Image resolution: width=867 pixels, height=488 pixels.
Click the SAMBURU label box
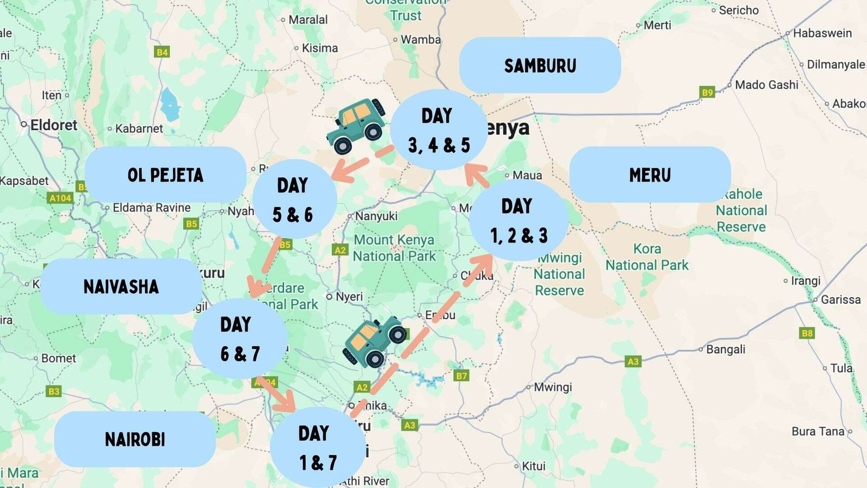pos(540,66)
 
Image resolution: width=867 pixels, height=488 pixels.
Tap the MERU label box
pos(650,175)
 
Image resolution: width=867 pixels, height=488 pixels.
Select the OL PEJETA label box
pos(165,175)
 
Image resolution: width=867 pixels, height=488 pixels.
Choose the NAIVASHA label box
pos(121,286)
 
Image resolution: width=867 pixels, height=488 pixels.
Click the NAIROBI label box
pos(135,439)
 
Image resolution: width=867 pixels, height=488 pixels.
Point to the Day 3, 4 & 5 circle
pos(438,130)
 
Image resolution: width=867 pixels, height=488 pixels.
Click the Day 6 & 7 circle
pos(239,339)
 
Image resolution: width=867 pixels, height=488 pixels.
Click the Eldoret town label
pos(53,125)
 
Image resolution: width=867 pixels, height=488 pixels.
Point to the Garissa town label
pos(840,299)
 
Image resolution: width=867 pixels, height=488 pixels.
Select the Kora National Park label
pos(646,257)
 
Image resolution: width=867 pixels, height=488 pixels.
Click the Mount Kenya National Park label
pos(394,248)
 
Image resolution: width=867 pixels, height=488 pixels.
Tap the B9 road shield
pos(707,92)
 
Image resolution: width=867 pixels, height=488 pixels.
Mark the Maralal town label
pos(307,20)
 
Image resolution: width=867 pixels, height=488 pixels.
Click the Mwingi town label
pos(552,387)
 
